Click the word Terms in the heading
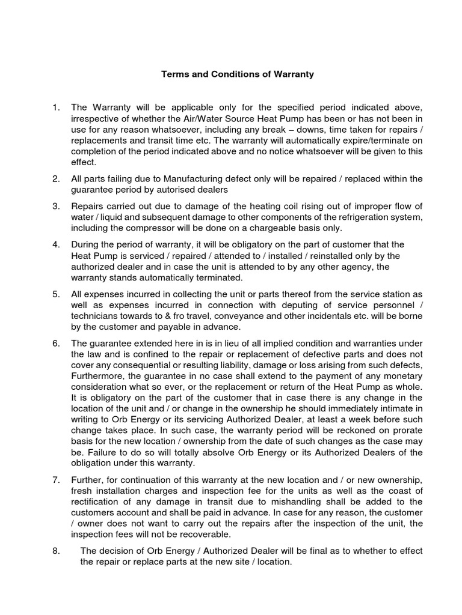point(174,75)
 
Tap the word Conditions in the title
point(226,75)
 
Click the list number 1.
point(55,108)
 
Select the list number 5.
point(55,294)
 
